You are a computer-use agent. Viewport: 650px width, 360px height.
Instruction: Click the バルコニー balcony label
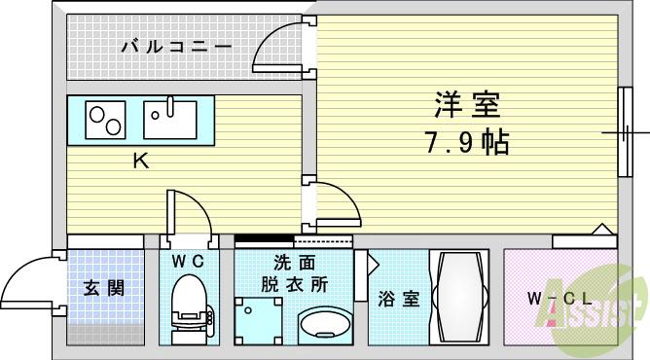pyautogui.click(x=176, y=45)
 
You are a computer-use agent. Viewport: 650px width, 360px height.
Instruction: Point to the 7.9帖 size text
pyautogui.click(x=465, y=143)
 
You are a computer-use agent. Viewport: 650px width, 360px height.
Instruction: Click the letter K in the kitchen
pyautogui.click(x=140, y=162)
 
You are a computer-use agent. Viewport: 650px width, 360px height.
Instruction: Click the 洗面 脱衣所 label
pyautogui.click(x=294, y=273)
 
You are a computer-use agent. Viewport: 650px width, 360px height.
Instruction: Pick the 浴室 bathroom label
pyautogui.click(x=401, y=298)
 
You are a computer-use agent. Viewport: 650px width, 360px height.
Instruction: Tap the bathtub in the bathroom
pyautogui.click(x=463, y=298)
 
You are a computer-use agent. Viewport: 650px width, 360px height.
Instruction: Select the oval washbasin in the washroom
pyautogui.click(x=324, y=323)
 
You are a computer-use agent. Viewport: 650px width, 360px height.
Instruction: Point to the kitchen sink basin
pyautogui.click(x=169, y=120)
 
